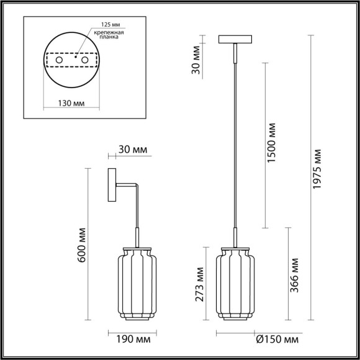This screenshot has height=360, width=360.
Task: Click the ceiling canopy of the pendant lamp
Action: [234, 40]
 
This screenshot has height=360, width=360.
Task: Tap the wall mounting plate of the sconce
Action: [113, 185]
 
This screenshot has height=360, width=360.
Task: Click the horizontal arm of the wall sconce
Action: [127, 185]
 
